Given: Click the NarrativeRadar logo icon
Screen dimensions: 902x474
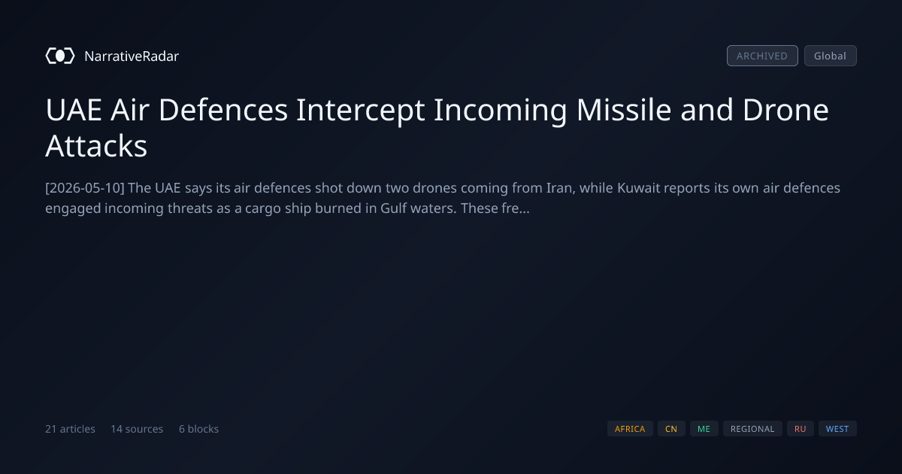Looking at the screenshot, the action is pyautogui.click(x=60, y=56).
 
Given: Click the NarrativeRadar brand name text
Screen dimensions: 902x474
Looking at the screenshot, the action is pyautogui.click(x=132, y=56).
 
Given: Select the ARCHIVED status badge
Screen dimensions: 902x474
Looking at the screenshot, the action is pyautogui.click(x=762, y=56).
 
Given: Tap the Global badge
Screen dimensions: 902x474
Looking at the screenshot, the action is pyautogui.click(x=831, y=56).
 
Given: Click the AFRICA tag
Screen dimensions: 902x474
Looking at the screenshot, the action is pyautogui.click(x=630, y=429).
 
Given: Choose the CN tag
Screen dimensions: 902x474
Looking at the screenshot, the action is pyautogui.click(x=671, y=429).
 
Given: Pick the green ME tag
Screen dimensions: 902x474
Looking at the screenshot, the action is pyautogui.click(x=704, y=429).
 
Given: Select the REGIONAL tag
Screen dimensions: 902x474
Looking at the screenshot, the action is pyautogui.click(x=752, y=429).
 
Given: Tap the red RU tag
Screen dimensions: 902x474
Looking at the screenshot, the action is pyautogui.click(x=800, y=429).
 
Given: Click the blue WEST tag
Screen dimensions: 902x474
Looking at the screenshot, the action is pyautogui.click(x=837, y=429).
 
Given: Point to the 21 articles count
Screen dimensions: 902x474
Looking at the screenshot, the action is pyautogui.click(x=70, y=429).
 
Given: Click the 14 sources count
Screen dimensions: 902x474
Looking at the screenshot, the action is pyautogui.click(x=137, y=429).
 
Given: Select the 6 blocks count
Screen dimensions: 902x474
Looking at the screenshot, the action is pyautogui.click(x=198, y=429).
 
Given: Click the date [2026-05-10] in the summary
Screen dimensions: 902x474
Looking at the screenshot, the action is pyautogui.click(x=85, y=188).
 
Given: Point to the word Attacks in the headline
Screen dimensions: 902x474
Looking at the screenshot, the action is pyautogui.click(x=96, y=146).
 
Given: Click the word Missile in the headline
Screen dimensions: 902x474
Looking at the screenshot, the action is pyautogui.click(x=624, y=110).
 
